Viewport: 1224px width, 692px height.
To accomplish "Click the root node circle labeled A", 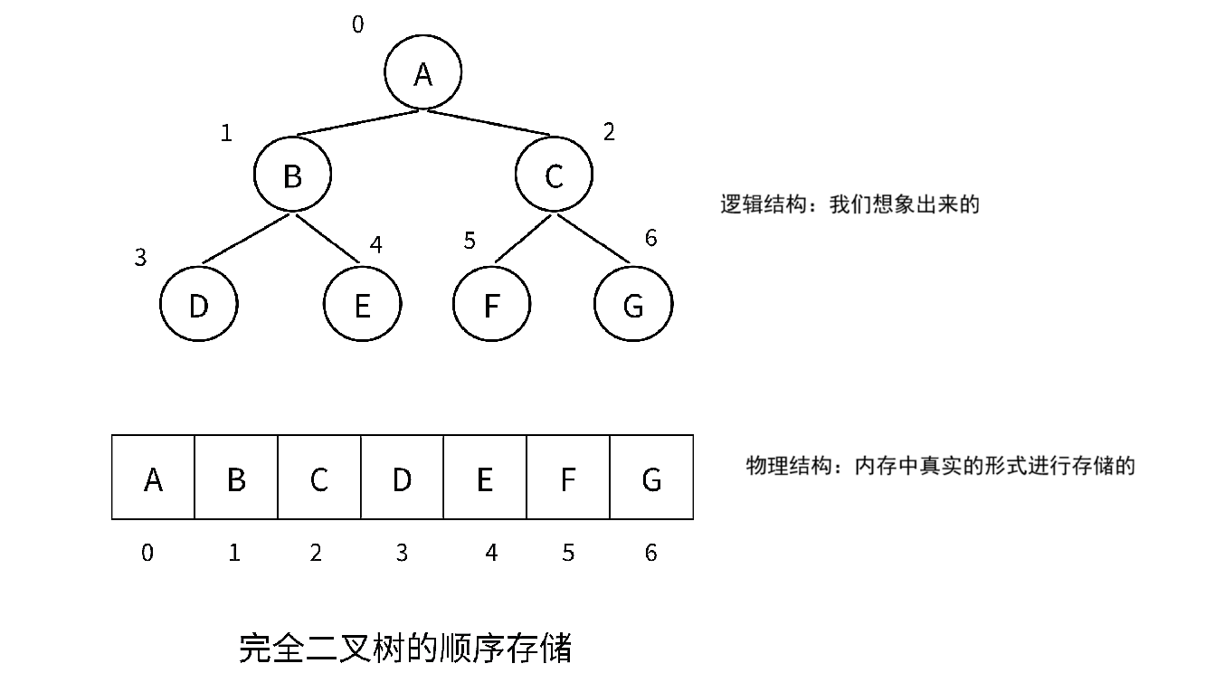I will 422,73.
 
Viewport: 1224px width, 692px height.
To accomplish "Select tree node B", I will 292,175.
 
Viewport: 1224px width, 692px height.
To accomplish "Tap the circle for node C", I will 554,175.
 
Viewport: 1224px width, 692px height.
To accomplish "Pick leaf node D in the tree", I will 198,305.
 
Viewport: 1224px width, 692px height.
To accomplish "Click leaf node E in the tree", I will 362,305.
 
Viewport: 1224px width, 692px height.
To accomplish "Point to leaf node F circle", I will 491,305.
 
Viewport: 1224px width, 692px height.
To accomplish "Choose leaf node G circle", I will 633,305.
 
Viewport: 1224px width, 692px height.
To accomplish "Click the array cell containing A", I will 153,478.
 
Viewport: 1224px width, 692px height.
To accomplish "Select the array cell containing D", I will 402,478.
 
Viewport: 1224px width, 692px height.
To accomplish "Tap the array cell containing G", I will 651,478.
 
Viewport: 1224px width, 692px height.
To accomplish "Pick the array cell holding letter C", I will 318,478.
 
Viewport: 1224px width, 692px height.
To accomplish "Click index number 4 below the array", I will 491,553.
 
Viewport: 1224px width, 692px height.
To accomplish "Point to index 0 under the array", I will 147,553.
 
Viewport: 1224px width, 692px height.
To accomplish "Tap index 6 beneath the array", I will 651,553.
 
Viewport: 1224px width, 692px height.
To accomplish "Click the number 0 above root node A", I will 357,24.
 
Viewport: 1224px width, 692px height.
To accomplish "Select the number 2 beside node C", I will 609,132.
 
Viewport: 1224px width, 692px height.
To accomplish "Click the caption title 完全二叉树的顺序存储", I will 405,649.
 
